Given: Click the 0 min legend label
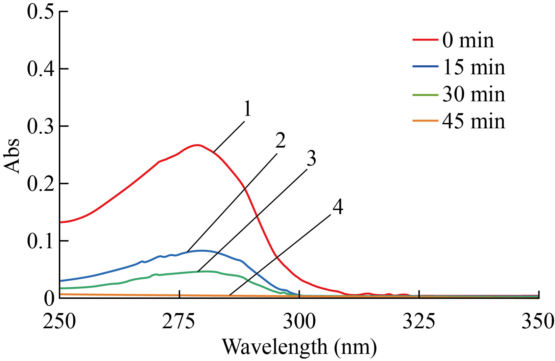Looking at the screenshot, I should [468, 41].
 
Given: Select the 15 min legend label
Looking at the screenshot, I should [474, 68].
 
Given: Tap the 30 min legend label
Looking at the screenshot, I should [474, 95].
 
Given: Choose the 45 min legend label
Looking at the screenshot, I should [474, 121].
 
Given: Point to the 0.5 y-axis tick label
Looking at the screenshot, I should [41, 11].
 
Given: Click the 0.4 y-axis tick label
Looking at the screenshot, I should [41, 69].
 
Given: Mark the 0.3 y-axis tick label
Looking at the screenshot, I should [41, 126].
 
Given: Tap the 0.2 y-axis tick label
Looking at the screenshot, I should [41, 184].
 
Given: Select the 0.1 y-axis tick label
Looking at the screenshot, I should [41, 241].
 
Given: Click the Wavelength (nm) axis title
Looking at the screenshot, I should [299, 347].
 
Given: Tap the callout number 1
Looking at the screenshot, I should [248, 109].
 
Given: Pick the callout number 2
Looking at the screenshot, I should [280, 140].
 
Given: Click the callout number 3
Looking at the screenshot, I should [311, 158].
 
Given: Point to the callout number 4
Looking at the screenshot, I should [338, 207].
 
